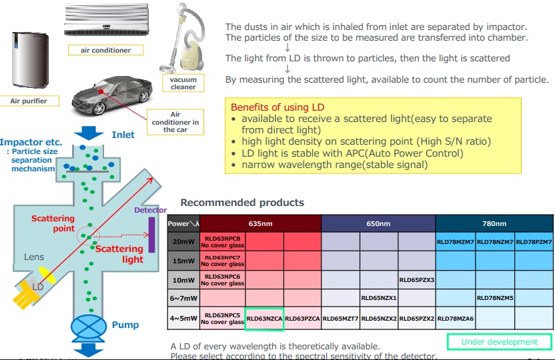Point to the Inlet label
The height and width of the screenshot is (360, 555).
(123, 135)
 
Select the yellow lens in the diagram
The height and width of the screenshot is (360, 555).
(47, 274)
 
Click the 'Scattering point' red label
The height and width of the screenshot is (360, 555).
(54, 223)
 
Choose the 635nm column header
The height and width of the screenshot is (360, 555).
(260, 223)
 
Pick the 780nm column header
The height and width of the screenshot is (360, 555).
(494, 223)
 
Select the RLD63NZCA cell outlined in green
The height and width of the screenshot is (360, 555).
(265, 319)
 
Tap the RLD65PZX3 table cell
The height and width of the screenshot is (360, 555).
(416, 279)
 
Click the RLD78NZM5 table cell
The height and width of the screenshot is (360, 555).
(494, 298)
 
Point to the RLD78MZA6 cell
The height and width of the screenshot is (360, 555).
(455, 319)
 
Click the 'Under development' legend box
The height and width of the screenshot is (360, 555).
(499, 342)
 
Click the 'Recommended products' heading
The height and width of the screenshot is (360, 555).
(242, 203)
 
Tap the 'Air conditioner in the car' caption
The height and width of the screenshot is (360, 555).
(175, 122)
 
